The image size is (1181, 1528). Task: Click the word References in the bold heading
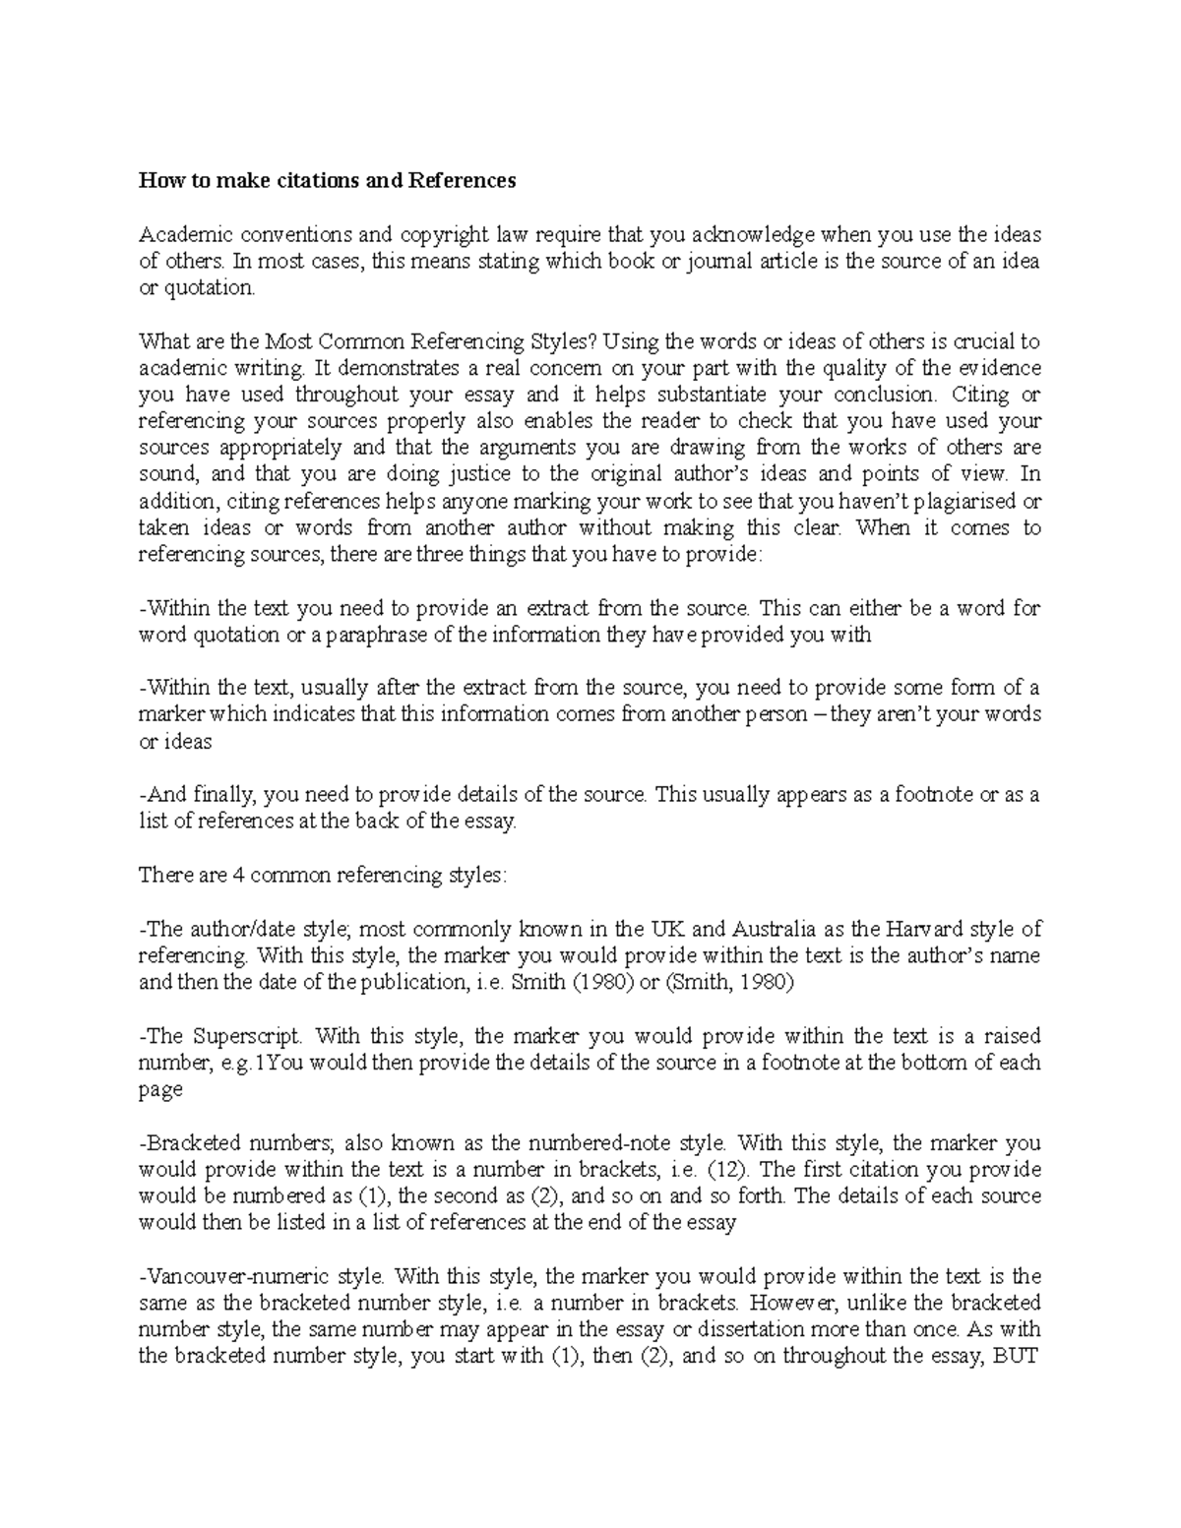(463, 181)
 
